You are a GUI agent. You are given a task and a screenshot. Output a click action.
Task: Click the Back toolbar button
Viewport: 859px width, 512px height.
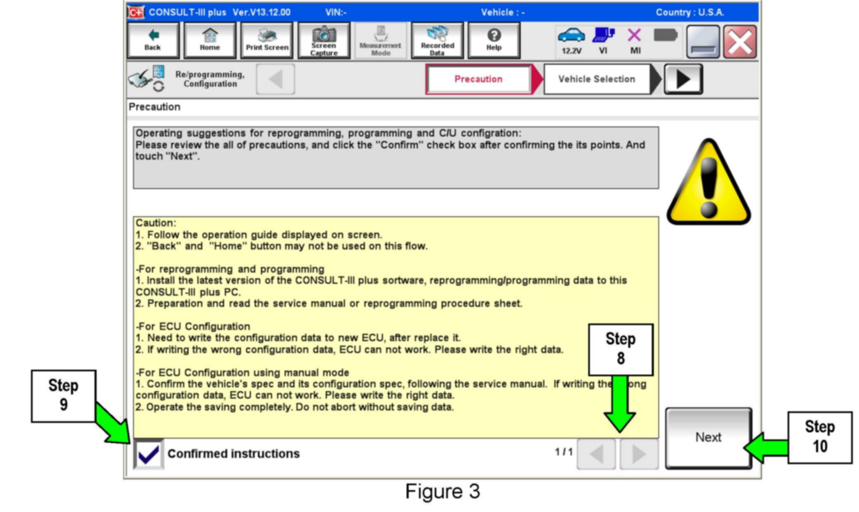click(x=153, y=40)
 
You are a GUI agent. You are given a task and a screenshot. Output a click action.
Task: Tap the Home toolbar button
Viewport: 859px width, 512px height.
click(x=210, y=40)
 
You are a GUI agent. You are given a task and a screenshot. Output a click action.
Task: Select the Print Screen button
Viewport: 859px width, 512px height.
click(x=267, y=40)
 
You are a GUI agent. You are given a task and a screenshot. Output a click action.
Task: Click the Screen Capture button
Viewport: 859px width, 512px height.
click(x=324, y=40)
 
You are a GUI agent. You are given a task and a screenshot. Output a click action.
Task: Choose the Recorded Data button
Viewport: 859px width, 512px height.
click(x=437, y=40)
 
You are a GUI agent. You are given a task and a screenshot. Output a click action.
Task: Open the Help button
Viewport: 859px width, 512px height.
click(x=494, y=40)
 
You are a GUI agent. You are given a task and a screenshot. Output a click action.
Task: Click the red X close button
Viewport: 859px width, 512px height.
click(x=740, y=42)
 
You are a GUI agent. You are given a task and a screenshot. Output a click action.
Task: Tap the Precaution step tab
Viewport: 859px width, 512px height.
click(x=478, y=79)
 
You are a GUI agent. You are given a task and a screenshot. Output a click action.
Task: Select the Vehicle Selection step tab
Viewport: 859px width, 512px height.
click(x=596, y=79)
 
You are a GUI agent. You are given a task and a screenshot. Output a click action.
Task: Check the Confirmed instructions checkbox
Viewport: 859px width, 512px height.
click(x=149, y=454)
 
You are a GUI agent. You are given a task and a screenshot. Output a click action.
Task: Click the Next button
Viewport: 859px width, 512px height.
click(x=708, y=437)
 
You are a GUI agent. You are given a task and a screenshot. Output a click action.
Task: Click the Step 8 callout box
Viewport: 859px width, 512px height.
click(x=620, y=349)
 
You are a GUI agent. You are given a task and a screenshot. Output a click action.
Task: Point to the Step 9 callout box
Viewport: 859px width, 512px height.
click(x=63, y=395)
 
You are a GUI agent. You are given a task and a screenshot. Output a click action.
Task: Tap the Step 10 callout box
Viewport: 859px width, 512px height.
click(x=819, y=437)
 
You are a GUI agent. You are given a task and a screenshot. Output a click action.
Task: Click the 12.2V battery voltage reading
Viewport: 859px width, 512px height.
click(x=572, y=51)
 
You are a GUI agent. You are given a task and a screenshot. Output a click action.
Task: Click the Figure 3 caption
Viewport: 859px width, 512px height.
click(x=443, y=491)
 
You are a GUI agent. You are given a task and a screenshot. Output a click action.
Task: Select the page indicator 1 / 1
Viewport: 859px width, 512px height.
click(x=563, y=452)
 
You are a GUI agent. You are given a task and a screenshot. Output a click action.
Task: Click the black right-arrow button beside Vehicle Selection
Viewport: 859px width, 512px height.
click(x=683, y=79)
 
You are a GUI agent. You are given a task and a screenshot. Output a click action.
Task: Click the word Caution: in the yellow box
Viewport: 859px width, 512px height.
click(x=156, y=223)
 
